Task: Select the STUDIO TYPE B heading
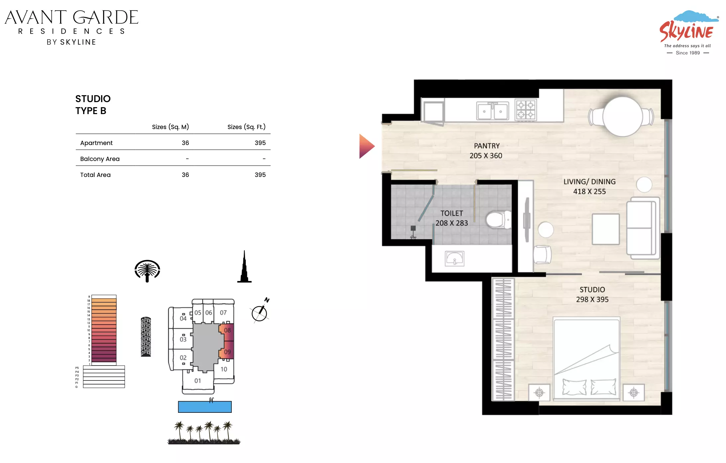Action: [93, 105]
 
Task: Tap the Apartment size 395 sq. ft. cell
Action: [260, 143]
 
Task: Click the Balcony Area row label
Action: [100, 159]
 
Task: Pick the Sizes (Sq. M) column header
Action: [170, 127]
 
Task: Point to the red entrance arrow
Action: [367, 146]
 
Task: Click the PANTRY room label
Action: [487, 146]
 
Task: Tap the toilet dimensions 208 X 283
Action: [452, 223]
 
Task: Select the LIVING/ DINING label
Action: [589, 182]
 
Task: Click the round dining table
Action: [622, 117]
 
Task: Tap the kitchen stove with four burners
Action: [526, 110]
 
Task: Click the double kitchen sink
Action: [492, 111]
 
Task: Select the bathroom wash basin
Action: [454, 259]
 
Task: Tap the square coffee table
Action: [606, 229]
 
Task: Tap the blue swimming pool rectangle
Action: [205, 407]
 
